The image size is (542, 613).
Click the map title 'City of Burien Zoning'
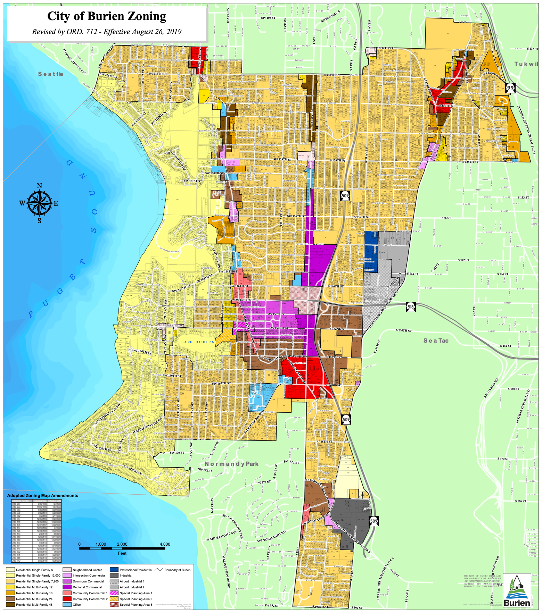point(107,16)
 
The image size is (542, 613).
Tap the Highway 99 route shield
point(510,88)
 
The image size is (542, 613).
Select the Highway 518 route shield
point(411,307)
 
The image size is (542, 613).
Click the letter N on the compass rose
point(39,186)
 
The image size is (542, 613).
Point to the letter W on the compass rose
point(22,203)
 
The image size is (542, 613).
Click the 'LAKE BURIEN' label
point(198,342)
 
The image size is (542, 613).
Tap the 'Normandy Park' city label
point(231,464)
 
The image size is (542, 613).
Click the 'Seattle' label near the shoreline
point(51,74)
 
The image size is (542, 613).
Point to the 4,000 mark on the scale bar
point(165,544)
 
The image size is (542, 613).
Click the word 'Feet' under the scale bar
point(122,553)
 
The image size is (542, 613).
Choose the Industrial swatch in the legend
point(114,576)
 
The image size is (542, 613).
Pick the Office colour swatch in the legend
point(67,605)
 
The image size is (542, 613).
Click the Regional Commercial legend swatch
point(67,587)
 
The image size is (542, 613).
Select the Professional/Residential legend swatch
point(114,570)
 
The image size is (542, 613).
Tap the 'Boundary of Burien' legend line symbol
point(159,570)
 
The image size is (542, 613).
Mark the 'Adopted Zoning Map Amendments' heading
point(43,495)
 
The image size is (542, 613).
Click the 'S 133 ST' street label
point(523,198)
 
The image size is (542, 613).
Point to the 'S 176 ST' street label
point(520,501)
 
